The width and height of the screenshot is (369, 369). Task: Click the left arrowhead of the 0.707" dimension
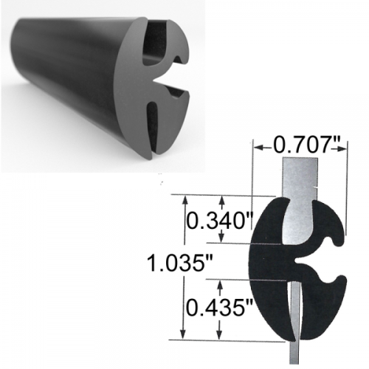point(258,148)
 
